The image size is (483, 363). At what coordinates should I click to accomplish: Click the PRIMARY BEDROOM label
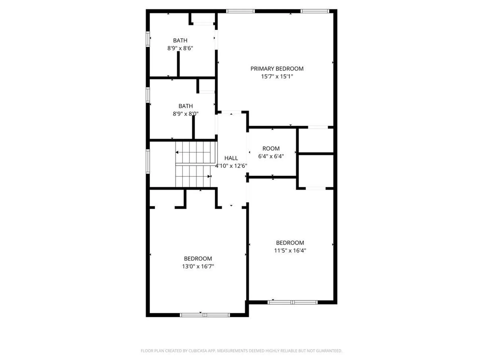pyautogui.click(x=277, y=69)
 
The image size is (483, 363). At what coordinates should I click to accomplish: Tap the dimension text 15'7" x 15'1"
pyautogui.click(x=277, y=76)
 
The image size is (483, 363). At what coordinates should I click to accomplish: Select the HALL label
pyautogui.click(x=231, y=158)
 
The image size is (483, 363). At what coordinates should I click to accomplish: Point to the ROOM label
pyautogui.click(x=271, y=148)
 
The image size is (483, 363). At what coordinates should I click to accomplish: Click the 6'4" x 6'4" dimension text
pyautogui.click(x=271, y=156)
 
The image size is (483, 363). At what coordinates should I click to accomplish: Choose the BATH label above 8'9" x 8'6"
pyautogui.click(x=180, y=40)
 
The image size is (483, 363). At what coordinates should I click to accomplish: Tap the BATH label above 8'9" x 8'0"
pyautogui.click(x=186, y=106)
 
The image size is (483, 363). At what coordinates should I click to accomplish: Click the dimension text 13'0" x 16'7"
pyautogui.click(x=198, y=266)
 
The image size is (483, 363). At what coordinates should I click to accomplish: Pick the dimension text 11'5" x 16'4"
pyautogui.click(x=290, y=251)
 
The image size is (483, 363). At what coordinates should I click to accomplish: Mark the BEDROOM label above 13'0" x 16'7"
pyautogui.click(x=198, y=259)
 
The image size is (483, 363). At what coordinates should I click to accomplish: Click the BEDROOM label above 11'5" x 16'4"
pyautogui.click(x=290, y=243)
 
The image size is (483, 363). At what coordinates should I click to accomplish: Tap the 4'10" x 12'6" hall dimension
pyautogui.click(x=231, y=166)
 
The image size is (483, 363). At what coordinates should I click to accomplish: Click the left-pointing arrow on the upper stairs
pyautogui.click(x=177, y=152)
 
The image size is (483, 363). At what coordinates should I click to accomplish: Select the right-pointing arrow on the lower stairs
pyautogui.click(x=209, y=176)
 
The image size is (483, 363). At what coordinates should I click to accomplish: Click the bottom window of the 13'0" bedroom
pyautogui.click(x=205, y=315)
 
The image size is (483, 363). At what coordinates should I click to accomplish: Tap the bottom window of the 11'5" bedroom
pyautogui.click(x=293, y=302)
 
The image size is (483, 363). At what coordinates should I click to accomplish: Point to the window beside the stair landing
pyautogui.click(x=148, y=161)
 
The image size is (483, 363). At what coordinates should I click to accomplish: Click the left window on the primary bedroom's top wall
pyautogui.click(x=240, y=11)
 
